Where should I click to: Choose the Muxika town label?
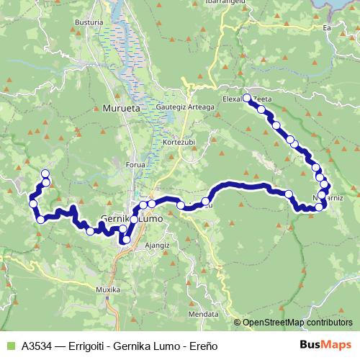(x=107, y=290)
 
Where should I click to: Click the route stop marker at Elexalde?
(x=247, y=97)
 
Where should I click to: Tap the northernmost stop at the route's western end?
(x=45, y=174)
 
